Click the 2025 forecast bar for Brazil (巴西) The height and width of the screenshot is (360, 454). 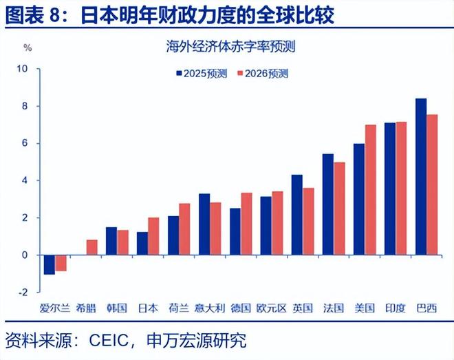click(x=421, y=177)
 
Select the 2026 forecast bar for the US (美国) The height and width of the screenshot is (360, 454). click(x=370, y=190)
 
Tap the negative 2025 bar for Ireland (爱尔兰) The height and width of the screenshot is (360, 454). click(x=49, y=264)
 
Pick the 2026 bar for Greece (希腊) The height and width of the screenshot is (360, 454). click(x=91, y=247)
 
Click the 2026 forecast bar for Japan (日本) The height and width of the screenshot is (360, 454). click(x=153, y=236)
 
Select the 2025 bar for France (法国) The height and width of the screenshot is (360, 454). click(x=328, y=204)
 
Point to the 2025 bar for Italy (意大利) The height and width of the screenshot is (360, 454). click(x=204, y=224)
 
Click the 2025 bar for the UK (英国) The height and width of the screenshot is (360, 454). click(x=297, y=215)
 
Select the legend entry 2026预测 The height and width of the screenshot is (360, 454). click(x=261, y=74)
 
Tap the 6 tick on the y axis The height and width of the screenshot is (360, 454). click(x=24, y=143)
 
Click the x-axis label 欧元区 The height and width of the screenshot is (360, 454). click(x=270, y=308)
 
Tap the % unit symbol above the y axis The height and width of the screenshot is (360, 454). click(x=28, y=48)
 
